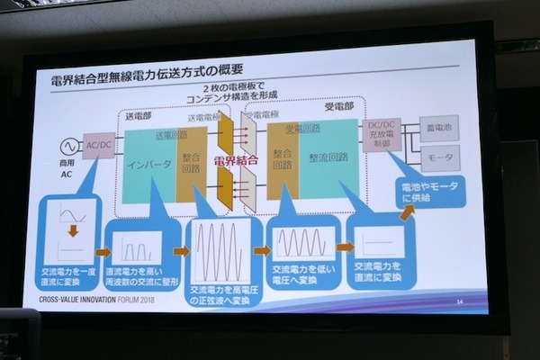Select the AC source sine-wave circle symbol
(x=67, y=145)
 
